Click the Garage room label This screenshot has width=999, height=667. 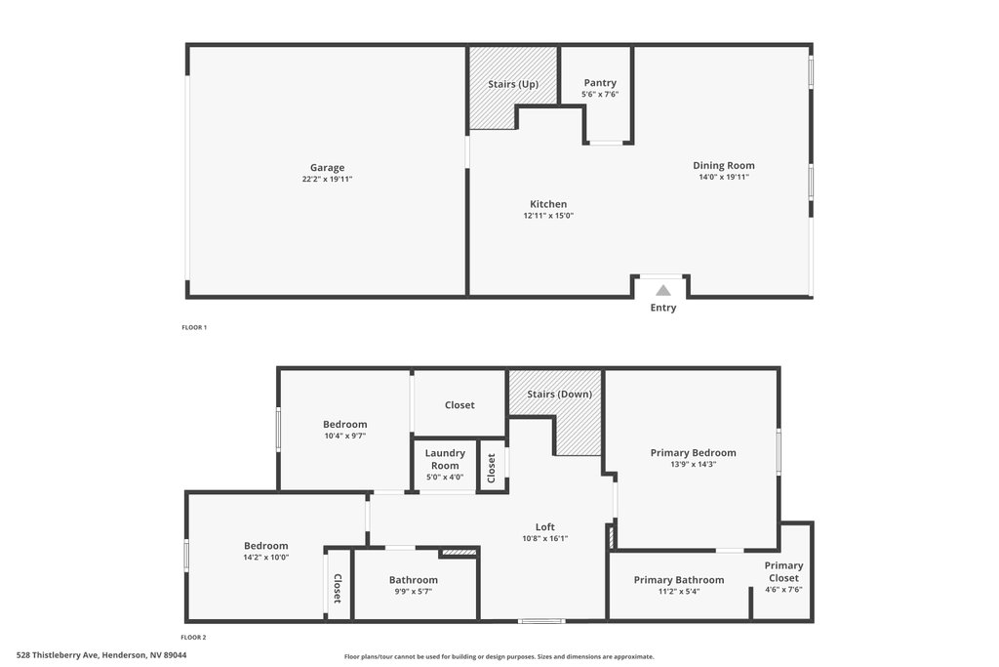(327, 168)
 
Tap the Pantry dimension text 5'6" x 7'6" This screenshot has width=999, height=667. (600, 95)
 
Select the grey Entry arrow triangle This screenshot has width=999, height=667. (663, 291)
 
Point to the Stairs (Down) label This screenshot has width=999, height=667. (559, 395)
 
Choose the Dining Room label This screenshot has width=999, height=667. (724, 166)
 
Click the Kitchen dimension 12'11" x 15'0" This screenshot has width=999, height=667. (548, 216)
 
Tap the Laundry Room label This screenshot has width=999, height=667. (445, 459)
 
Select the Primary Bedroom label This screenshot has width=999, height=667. (694, 453)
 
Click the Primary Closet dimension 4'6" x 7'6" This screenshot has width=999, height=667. (783, 590)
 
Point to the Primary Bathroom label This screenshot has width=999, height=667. (679, 580)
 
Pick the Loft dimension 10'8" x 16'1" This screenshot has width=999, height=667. (544, 538)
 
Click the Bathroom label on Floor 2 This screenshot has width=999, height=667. (414, 580)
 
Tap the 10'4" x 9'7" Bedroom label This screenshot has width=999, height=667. (344, 425)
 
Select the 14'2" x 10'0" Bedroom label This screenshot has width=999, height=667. (265, 546)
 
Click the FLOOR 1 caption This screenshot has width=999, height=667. (194, 328)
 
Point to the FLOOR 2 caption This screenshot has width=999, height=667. (194, 637)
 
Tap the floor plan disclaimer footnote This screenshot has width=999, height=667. (499, 657)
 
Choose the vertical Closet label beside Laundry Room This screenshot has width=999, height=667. (492, 468)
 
